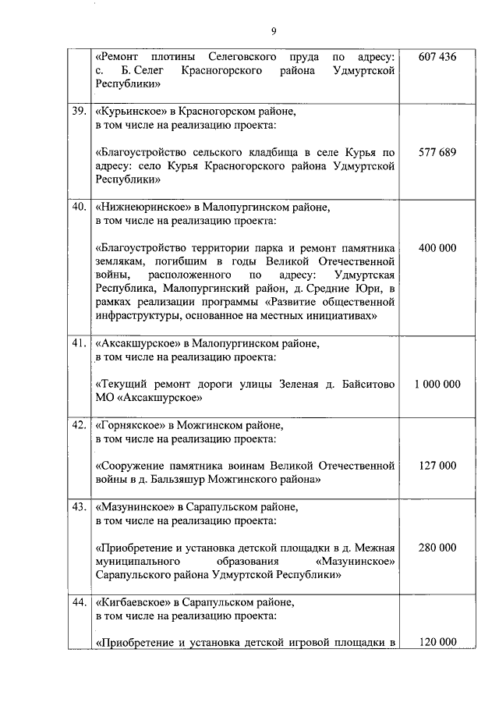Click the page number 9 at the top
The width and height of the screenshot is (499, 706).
273,31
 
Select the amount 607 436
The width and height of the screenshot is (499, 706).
437,58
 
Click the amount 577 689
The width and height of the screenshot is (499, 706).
437,152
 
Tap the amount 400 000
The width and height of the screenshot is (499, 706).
437,248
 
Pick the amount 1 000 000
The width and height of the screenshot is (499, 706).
437,385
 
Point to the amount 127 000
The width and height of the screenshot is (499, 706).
437,466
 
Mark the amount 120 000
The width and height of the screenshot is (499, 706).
437,643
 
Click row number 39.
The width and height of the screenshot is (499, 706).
79,112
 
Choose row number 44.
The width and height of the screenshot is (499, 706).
79,602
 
